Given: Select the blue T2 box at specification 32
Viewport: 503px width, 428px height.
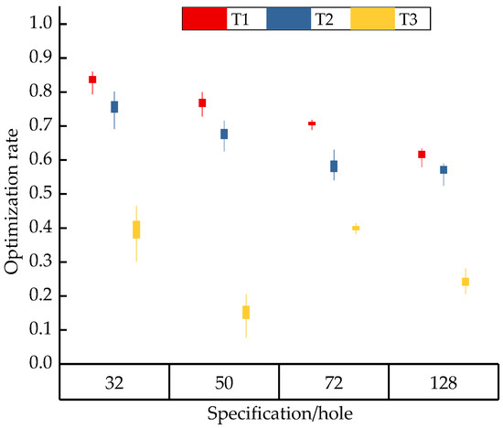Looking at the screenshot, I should (x=114, y=107).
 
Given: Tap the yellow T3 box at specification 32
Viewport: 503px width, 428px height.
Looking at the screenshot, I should (x=136, y=230).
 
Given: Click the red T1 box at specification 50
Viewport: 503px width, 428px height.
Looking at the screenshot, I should (x=202, y=103).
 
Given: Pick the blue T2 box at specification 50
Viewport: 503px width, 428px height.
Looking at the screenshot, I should (x=224, y=134).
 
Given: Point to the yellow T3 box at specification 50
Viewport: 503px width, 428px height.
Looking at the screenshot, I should (x=246, y=312).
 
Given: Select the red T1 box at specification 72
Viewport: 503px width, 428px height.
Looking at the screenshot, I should (x=312, y=123).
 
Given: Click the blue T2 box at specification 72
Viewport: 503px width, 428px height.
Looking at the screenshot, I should (x=334, y=166).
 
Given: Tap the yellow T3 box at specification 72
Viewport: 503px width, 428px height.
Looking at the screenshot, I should (x=356, y=228).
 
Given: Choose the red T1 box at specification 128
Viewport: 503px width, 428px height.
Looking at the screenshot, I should (x=422, y=155).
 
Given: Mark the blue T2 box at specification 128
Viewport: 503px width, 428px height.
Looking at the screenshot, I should (x=444, y=170).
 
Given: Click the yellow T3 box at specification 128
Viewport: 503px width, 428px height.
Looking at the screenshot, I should (x=466, y=282).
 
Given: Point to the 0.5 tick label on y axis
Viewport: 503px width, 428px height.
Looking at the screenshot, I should (x=39, y=194).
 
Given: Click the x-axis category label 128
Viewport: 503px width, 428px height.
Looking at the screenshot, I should (x=444, y=381).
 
